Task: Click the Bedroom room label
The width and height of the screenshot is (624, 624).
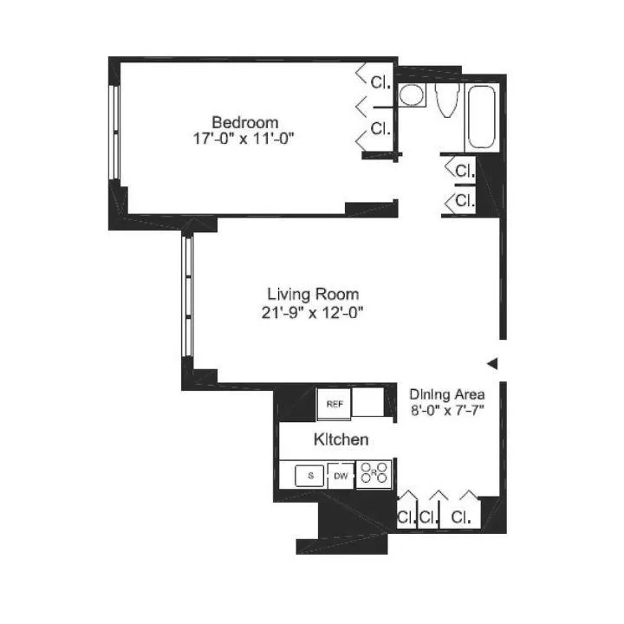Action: (245, 121)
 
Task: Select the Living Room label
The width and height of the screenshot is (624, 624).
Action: (313, 294)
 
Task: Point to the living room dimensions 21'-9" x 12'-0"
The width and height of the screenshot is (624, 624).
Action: (313, 311)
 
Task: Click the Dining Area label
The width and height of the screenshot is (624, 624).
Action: (446, 393)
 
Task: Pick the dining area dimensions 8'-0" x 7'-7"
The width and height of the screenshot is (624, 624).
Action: (446, 411)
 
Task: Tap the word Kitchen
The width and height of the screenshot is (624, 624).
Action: (341, 440)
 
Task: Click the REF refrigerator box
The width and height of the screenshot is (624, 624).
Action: (333, 403)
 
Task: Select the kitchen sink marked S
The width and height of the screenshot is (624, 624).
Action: (309, 475)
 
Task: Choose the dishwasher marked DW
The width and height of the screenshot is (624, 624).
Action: (341, 475)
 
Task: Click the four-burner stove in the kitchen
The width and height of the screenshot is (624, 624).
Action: (374, 474)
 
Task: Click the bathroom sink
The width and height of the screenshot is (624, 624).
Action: (413, 94)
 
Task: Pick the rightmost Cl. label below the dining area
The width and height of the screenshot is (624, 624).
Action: (462, 518)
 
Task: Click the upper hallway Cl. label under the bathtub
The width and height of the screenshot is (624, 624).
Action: (465, 169)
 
